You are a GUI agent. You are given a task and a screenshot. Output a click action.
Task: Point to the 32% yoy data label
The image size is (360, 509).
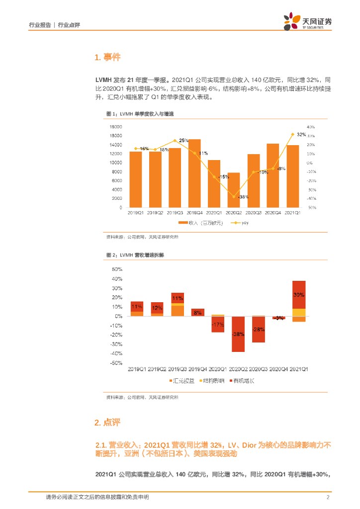301,135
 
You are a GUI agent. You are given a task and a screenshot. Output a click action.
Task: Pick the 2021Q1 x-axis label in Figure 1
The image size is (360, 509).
292,213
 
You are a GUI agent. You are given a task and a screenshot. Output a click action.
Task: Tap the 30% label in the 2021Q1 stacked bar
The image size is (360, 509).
299,295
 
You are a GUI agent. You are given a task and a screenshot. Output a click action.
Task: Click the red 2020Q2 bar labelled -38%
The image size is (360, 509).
238,334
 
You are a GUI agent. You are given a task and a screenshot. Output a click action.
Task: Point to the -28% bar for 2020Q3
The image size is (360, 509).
258,329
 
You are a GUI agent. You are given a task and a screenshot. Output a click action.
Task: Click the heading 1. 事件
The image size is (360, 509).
107,58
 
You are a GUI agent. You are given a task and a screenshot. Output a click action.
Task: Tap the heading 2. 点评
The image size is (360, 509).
107,423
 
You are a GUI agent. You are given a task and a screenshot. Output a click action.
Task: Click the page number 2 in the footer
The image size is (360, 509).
328,498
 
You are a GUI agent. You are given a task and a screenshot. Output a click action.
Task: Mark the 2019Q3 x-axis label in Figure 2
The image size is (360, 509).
178,369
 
